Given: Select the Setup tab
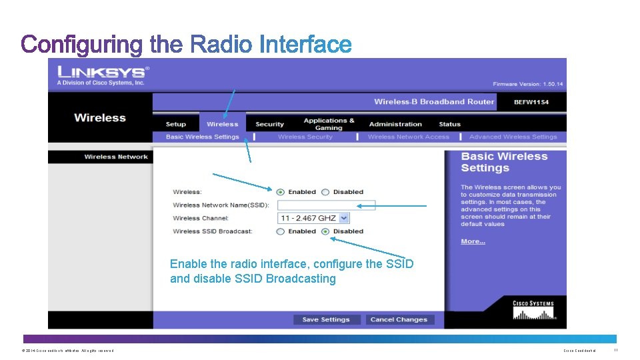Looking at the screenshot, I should click(x=176, y=124).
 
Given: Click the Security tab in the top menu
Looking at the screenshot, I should click(x=269, y=124).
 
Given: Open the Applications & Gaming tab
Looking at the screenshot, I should click(x=329, y=124).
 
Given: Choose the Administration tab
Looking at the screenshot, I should click(x=395, y=124).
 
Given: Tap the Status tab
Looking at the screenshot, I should click(x=450, y=124).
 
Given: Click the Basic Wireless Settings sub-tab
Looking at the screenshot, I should click(x=202, y=137).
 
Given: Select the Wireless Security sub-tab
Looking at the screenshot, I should click(x=305, y=137).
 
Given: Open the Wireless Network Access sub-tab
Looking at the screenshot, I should click(x=409, y=137).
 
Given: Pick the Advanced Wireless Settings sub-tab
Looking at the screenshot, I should click(x=513, y=137).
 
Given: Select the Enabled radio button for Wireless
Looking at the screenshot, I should click(x=281, y=192).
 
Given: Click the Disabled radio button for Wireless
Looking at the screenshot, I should click(x=325, y=192).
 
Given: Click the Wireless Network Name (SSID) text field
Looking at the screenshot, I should click(x=326, y=205).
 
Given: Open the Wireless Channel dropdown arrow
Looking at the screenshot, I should click(x=344, y=218).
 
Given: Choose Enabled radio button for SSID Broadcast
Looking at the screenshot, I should click(x=281, y=231).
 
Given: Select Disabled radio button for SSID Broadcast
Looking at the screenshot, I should click(x=325, y=231).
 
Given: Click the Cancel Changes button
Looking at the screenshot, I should click(x=399, y=319).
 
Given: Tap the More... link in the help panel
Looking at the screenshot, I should click(x=473, y=241).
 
